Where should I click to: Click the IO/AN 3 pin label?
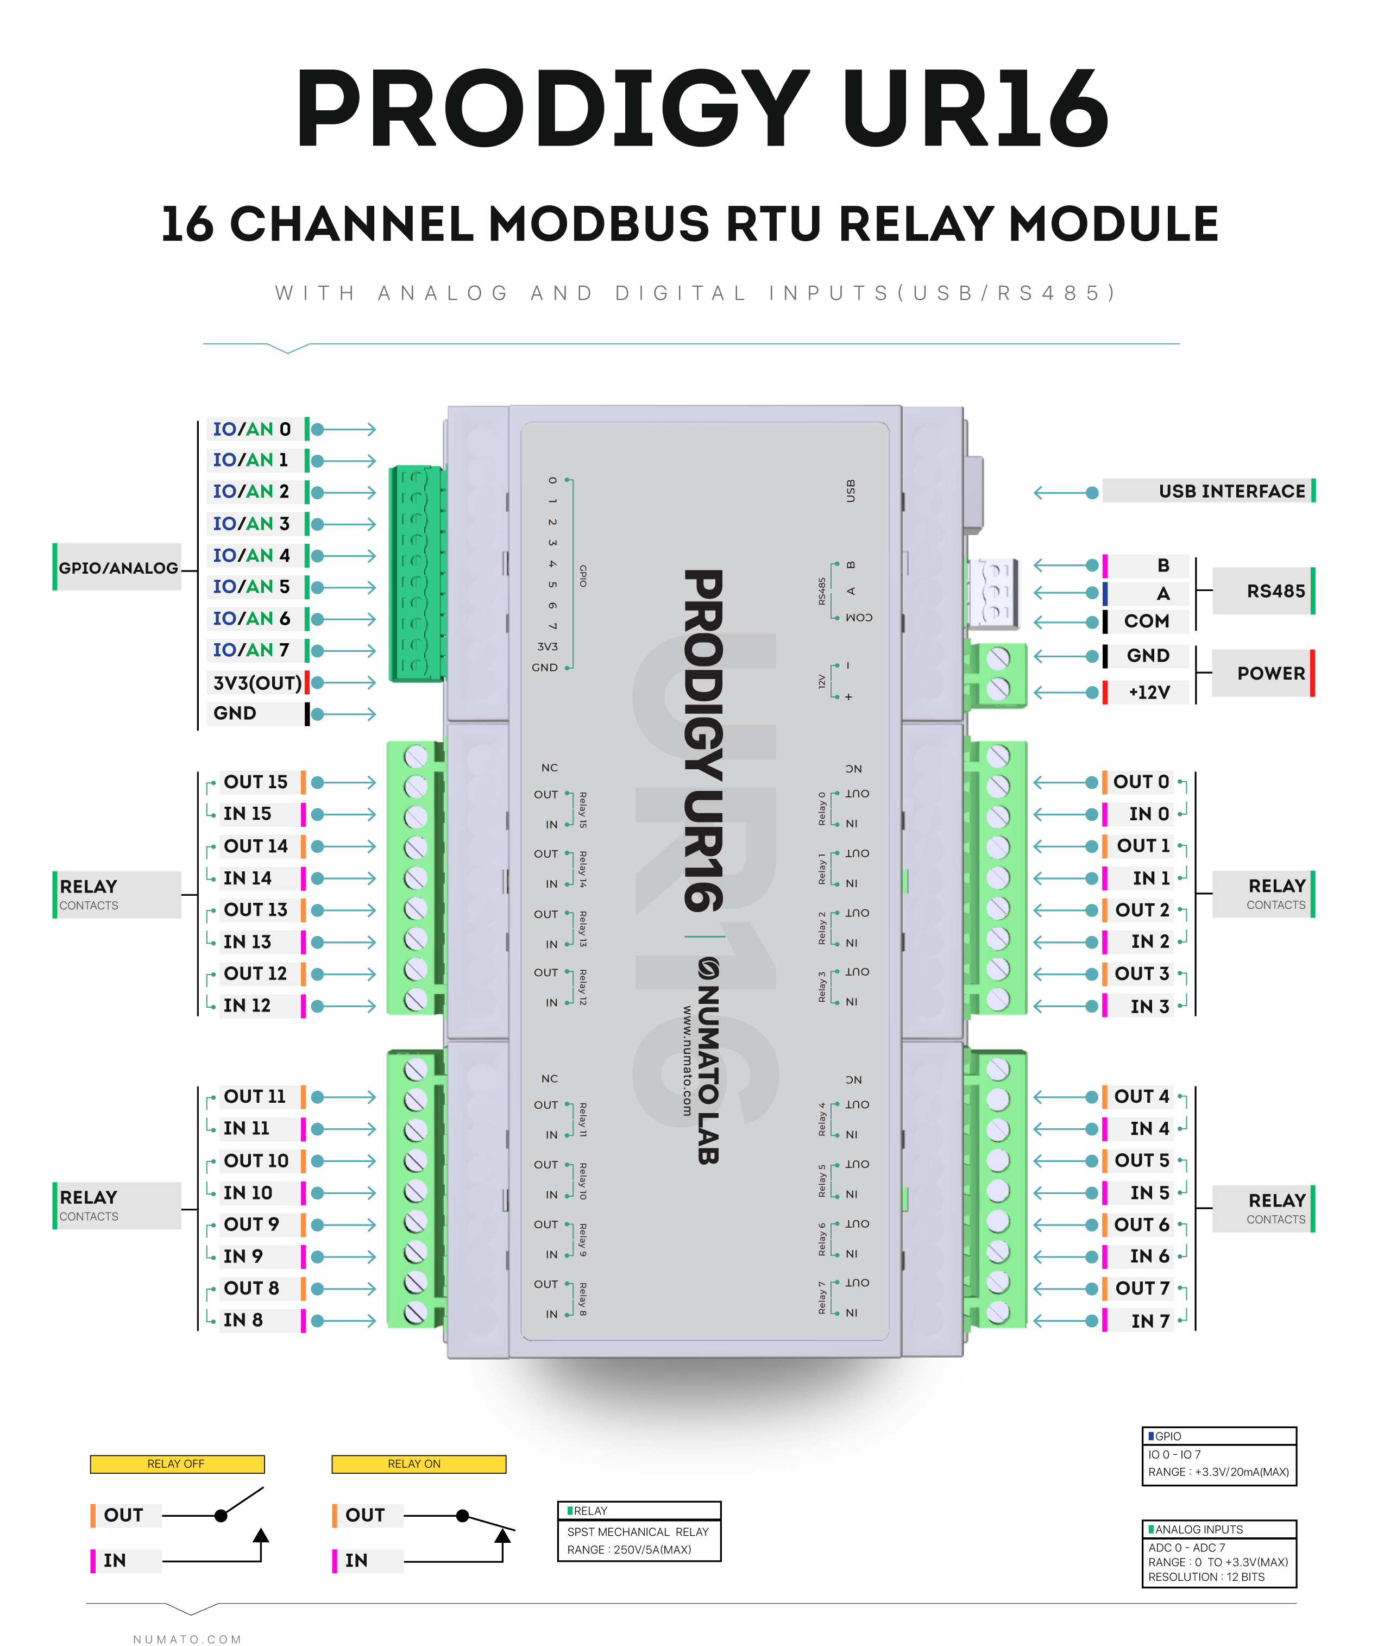(251, 523)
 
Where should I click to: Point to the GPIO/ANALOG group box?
(118, 567)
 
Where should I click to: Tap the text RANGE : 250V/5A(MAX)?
(629, 1549)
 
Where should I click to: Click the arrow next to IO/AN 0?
(345, 429)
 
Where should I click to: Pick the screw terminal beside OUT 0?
(998, 786)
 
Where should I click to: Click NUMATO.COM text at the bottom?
(187, 1639)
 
